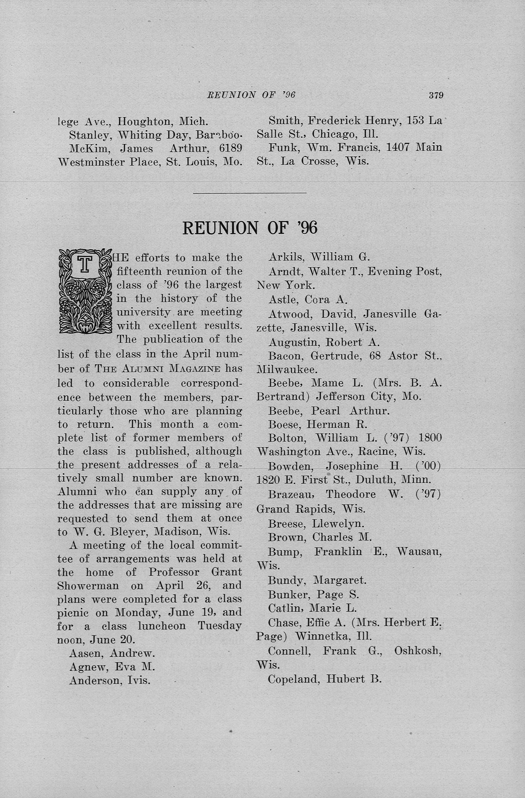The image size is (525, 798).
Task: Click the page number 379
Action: pos(436,96)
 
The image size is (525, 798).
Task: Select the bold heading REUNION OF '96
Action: pos(250,228)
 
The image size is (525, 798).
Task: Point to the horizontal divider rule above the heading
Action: pos(250,193)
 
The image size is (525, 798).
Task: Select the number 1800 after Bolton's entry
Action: pos(430,438)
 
